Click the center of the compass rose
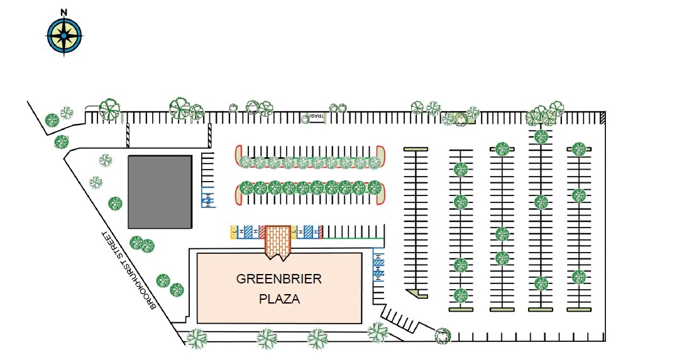pos(64,35)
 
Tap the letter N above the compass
pos(64,12)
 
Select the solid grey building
pos(160,192)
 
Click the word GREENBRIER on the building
pos(279,279)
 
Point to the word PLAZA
pos(279,299)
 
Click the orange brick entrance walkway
pos(278,241)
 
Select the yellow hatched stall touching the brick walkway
pos(294,232)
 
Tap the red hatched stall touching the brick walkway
pos(262,232)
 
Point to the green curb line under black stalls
pos(352,239)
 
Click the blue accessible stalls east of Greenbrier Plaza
pos(378,265)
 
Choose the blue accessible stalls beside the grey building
pos(207,197)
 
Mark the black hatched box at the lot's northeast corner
pos(602,118)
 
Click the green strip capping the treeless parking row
pos(416,149)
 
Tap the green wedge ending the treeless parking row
pos(417,293)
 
